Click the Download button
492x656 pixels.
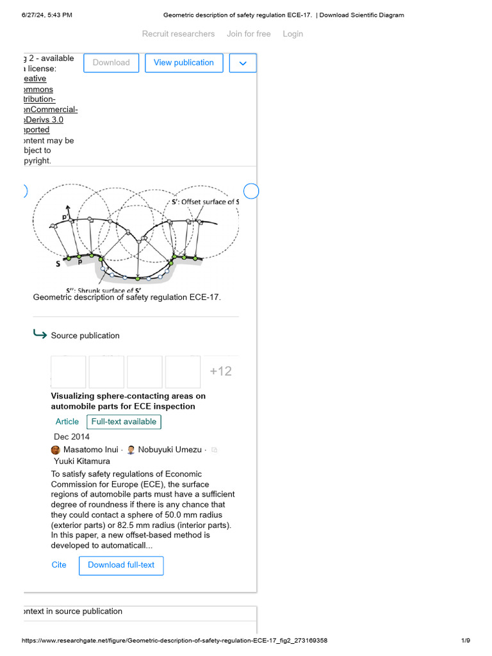[x=111, y=63]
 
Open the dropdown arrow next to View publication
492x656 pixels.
[x=242, y=63]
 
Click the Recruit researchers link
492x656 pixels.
[x=178, y=34]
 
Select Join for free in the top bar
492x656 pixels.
[x=249, y=34]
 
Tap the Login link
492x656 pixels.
[x=293, y=34]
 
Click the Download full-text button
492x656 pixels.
[x=121, y=565]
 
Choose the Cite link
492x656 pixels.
[x=59, y=565]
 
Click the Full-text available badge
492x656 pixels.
[x=124, y=422]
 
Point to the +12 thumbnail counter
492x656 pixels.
[x=220, y=372]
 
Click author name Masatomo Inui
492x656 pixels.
[x=91, y=450]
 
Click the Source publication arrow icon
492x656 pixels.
[x=40, y=334]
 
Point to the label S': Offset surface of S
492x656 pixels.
[x=205, y=202]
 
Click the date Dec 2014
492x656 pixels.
[x=72, y=437]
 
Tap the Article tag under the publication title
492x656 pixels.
[x=67, y=422]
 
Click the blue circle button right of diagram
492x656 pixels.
[x=251, y=191]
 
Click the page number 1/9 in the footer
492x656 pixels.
[x=466, y=641]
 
